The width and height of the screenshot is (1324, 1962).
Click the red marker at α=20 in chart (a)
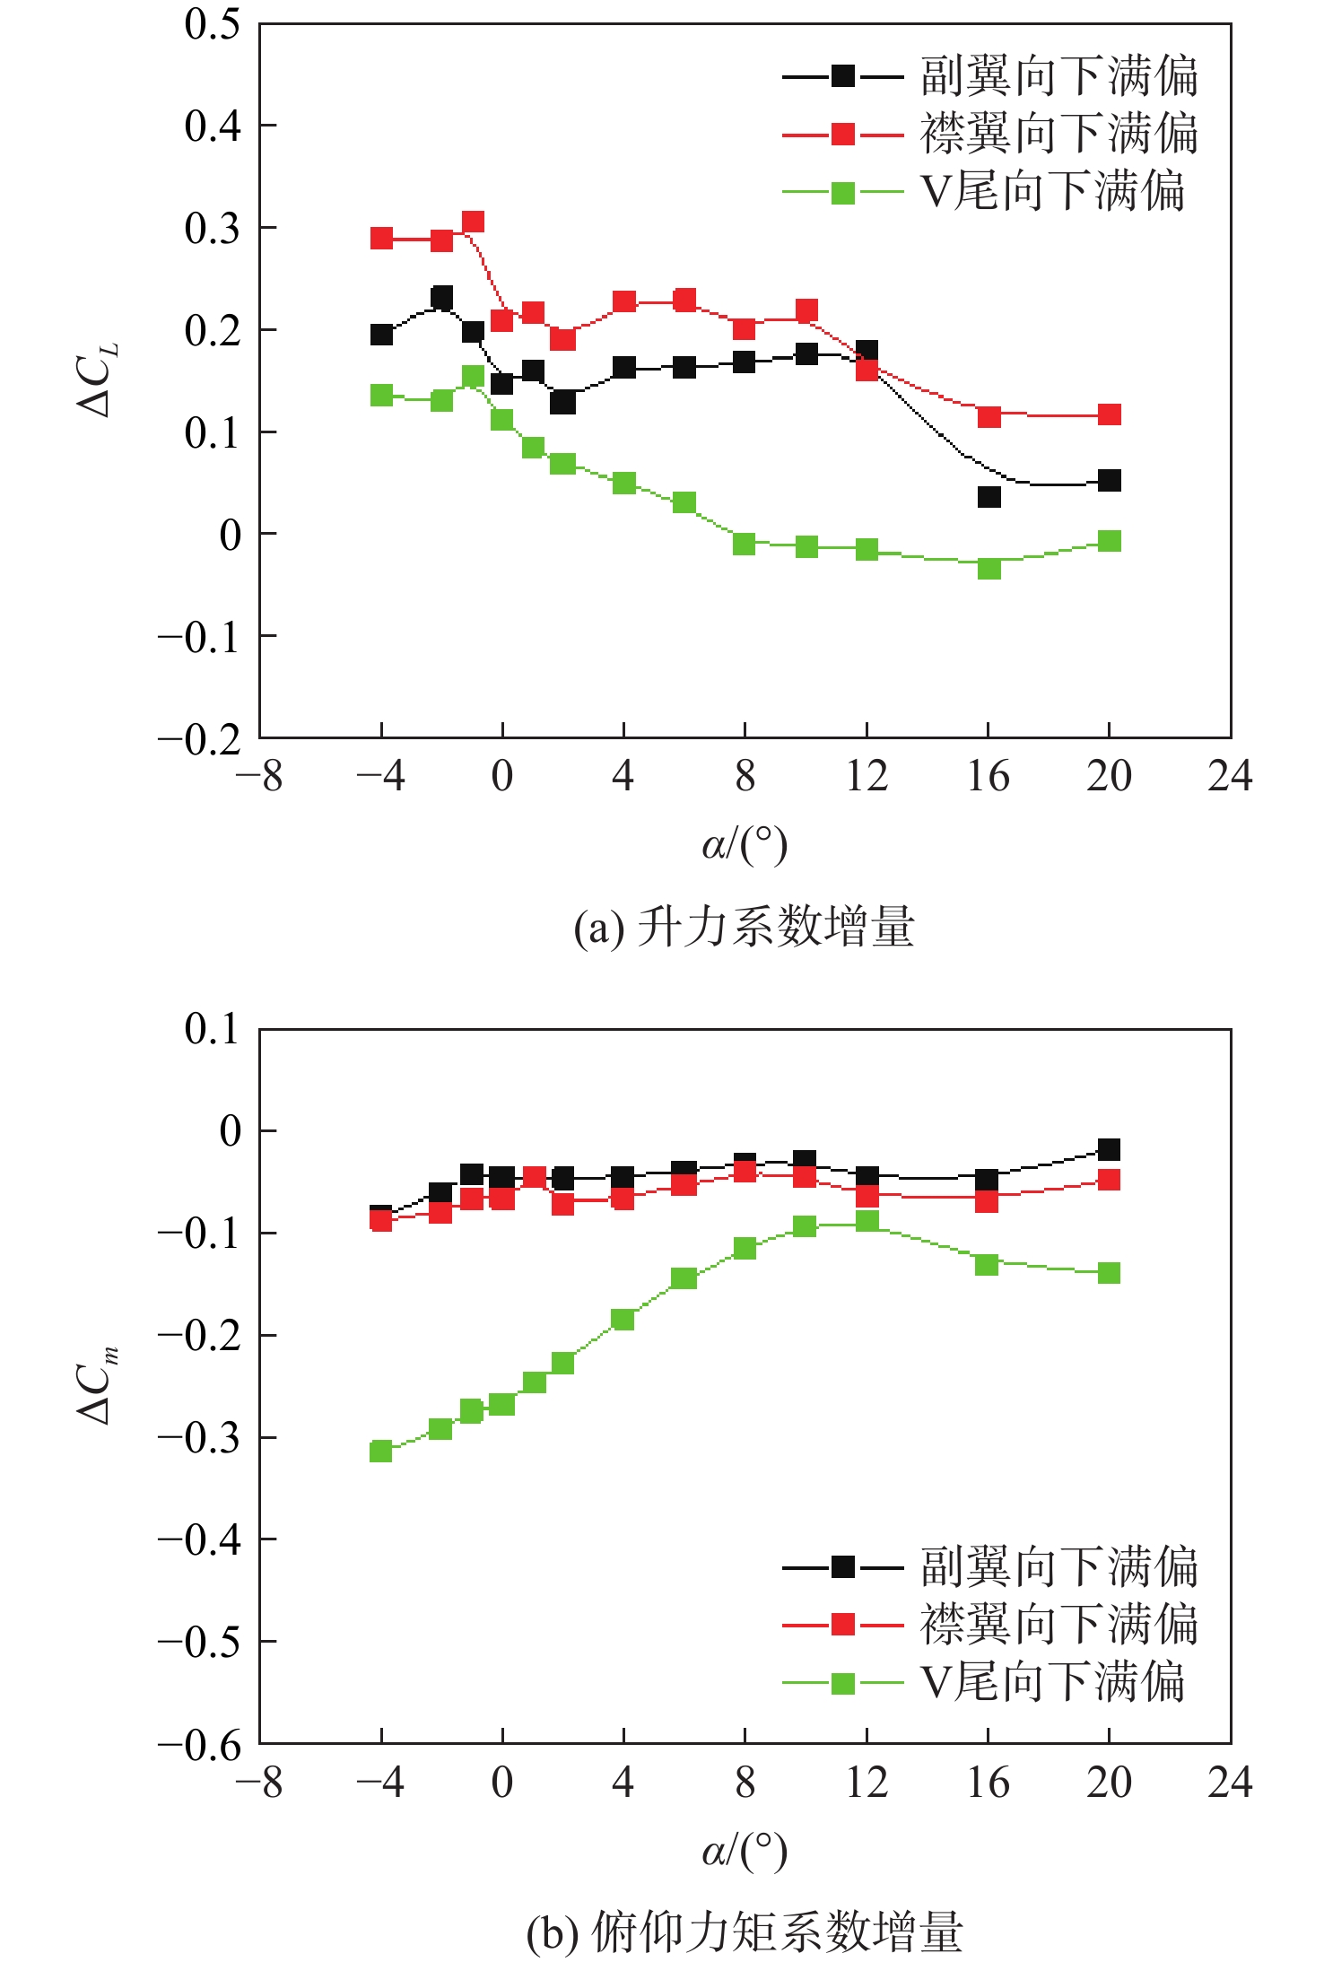[1109, 414]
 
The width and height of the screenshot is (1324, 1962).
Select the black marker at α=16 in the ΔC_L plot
[989, 497]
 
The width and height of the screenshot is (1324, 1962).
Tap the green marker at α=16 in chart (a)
[989, 568]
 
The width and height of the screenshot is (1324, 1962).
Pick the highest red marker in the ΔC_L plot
[473, 222]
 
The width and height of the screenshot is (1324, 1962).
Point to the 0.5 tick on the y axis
[213, 24]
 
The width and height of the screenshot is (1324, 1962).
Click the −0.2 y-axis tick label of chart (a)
[200, 739]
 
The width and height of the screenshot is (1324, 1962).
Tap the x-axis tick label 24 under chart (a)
[1230, 776]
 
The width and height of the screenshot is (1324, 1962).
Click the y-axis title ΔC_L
[97, 380]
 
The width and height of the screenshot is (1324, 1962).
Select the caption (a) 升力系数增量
[744, 927]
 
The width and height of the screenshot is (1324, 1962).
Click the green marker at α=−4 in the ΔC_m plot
[381, 1451]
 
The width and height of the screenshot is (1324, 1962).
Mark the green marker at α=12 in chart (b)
[867, 1221]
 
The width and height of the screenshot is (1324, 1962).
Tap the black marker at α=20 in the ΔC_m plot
[1109, 1149]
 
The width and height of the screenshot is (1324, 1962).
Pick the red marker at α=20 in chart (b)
[1109, 1180]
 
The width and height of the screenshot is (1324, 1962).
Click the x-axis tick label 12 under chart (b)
[867, 1783]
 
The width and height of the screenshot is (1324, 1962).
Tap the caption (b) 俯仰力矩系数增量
[744, 1932]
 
